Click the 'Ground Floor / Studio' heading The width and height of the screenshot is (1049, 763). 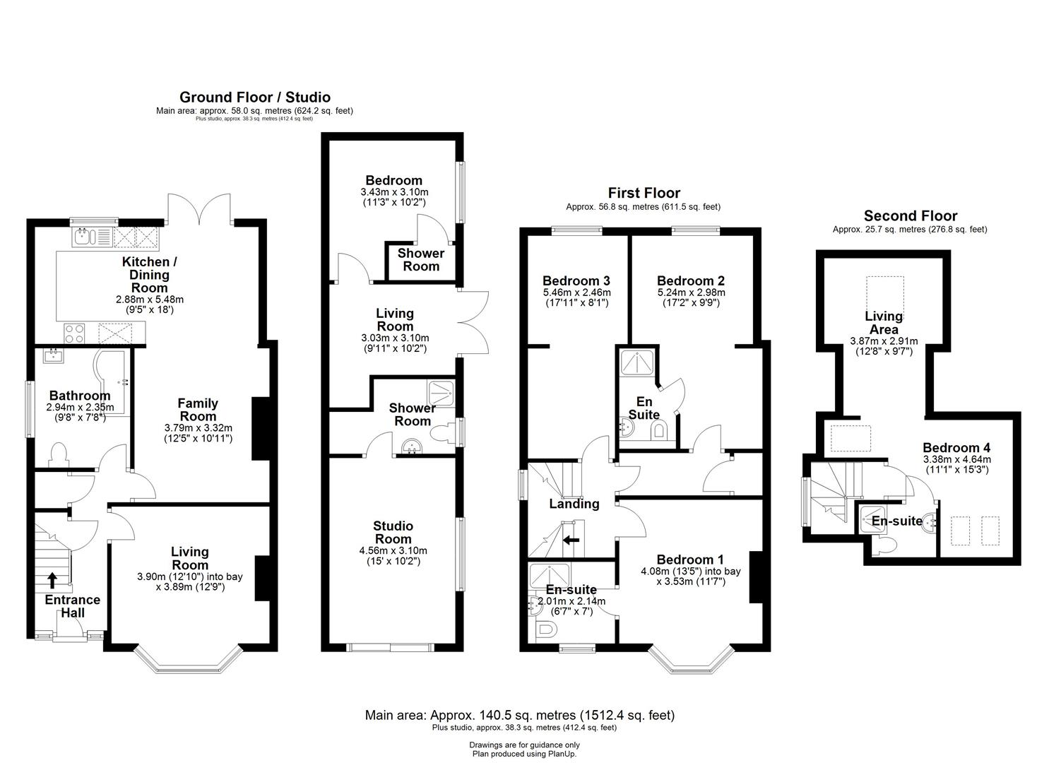[x=254, y=97]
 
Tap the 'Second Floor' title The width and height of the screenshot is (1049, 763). [x=910, y=216]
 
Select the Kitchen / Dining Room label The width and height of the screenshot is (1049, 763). [x=150, y=274]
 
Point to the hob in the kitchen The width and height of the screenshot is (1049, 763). [x=74, y=331]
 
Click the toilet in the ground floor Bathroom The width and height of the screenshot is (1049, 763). [x=57, y=454]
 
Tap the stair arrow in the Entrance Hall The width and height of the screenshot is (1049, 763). [x=53, y=579]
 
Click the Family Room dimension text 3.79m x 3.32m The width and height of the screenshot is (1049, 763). [x=198, y=427]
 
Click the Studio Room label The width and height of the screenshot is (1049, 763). [x=393, y=532]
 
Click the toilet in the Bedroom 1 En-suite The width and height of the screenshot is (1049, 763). [x=545, y=631]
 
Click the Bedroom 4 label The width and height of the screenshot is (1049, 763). [x=956, y=448]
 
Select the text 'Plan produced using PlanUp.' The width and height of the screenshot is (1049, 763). [x=524, y=754]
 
